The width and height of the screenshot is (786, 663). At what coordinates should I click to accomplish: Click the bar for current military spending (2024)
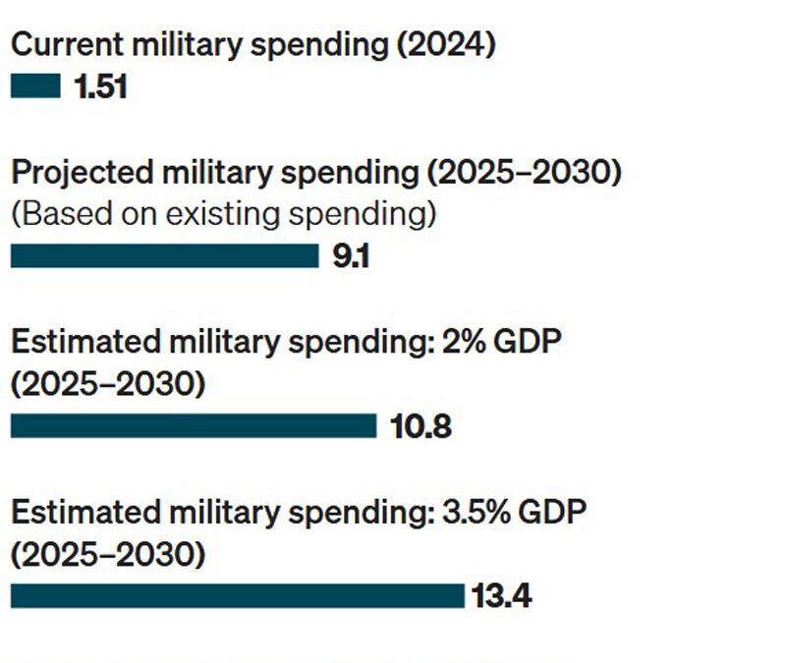click(35, 87)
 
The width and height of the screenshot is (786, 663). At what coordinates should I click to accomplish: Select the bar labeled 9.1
click(164, 256)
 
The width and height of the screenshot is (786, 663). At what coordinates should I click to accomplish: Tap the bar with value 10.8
click(194, 425)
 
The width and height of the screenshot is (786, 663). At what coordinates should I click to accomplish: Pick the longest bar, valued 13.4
click(237, 595)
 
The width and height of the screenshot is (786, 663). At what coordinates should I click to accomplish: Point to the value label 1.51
click(100, 87)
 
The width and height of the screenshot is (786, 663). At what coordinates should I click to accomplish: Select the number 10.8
click(421, 427)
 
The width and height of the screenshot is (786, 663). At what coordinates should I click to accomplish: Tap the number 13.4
click(501, 596)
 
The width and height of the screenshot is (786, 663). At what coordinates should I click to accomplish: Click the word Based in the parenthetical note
click(64, 213)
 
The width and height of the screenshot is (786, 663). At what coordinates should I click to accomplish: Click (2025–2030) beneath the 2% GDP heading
click(108, 384)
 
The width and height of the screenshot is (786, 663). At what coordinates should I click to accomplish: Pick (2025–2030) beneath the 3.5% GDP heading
click(108, 554)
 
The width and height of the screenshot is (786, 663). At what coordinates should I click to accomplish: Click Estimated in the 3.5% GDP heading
click(80, 513)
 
